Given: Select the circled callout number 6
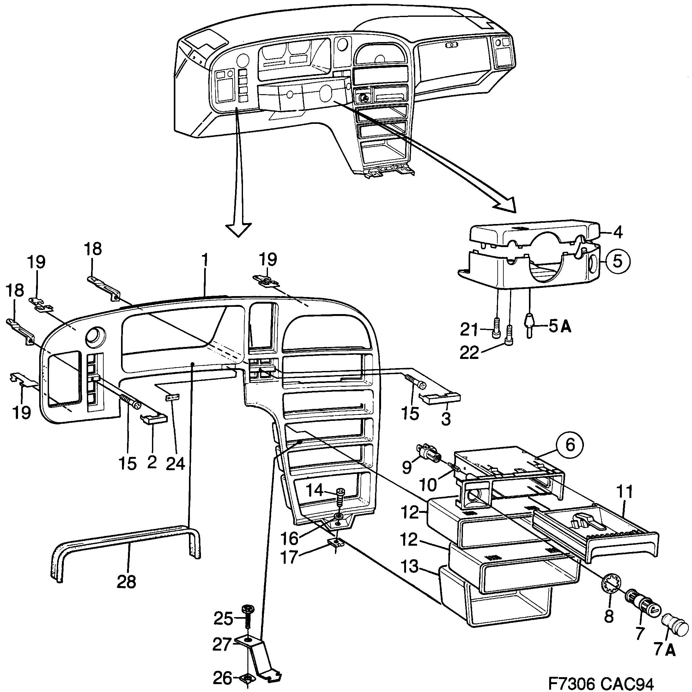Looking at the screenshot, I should (x=570, y=445).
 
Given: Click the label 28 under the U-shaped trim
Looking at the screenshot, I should (x=126, y=581).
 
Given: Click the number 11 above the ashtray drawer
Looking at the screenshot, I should (x=625, y=492).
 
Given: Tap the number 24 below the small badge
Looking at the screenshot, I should (x=175, y=464).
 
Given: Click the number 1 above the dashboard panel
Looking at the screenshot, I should (x=204, y=260).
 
